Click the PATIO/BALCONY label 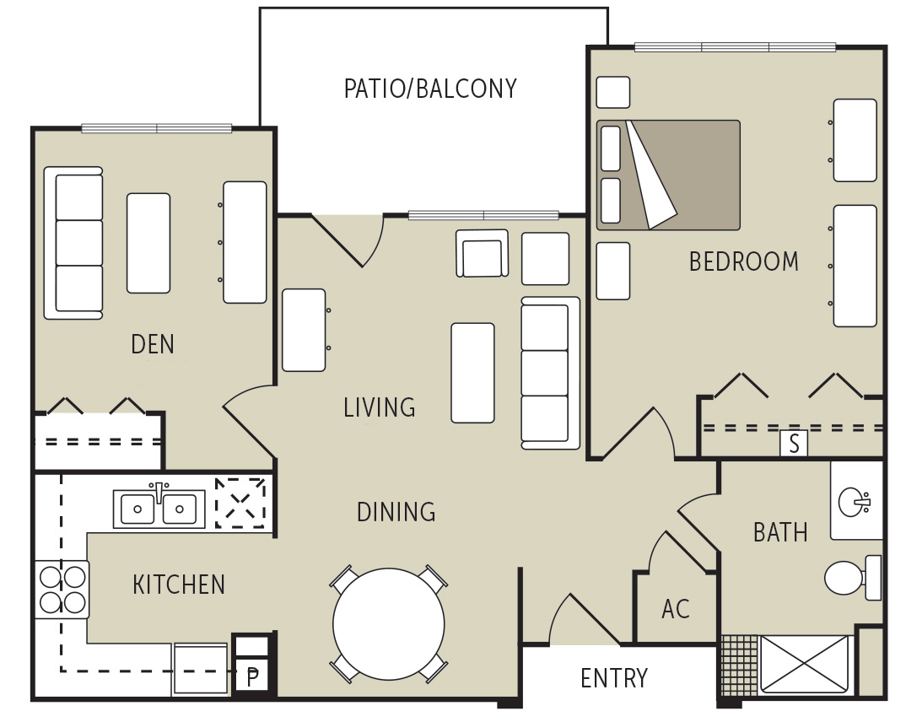[x=430, y=89]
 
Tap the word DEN [x=153, y=344]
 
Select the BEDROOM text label [x=743, y=262]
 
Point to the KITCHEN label [x=179, y=585]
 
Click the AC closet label [x=676, y=609]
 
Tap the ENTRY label [x=614, y=678]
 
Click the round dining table [x=389, y=624]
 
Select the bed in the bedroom [x=668, y=175]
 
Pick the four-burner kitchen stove [x=62, y=590]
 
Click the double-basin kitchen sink [x=159, y=509]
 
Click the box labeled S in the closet [x=793, y=443]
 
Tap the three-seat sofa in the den [x=74, y=243]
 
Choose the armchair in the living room [x=482, y=254]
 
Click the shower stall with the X [x=804, y=665]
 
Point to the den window [x=156, y=128]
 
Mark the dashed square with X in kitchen [x=240, y=504]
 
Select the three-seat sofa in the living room [x=549, y=373]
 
